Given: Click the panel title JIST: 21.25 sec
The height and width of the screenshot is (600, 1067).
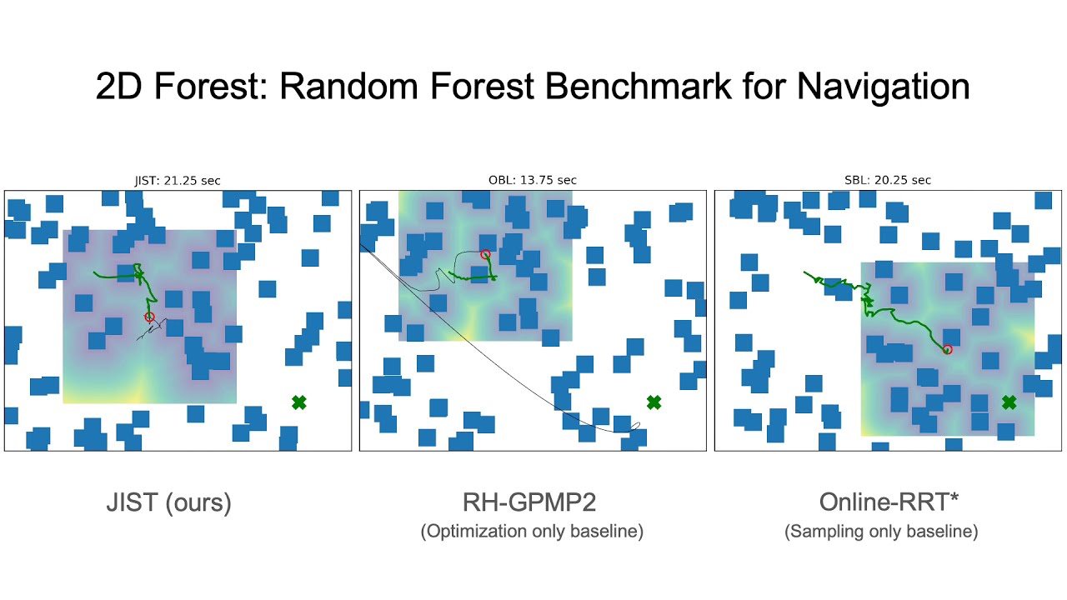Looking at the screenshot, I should pos(178,180).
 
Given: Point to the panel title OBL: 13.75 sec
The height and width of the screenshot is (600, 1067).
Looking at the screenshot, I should pos(533,180).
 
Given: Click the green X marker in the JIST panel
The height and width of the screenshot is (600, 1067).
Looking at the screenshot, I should pos(299,402).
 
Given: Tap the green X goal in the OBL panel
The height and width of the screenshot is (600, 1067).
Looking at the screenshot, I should pos(654,402).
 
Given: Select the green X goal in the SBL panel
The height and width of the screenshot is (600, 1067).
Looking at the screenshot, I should pos(1009,402).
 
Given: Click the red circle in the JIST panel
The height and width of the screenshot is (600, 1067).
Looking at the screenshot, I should pos(150,317).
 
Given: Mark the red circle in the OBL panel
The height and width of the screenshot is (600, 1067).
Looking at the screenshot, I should pos(485,254).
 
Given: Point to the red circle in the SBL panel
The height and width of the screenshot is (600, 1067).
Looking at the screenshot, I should pos(948,349).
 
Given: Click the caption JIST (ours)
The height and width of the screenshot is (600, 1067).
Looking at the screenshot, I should pos(168,502).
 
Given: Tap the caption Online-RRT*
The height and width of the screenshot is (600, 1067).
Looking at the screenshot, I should pos(881,502).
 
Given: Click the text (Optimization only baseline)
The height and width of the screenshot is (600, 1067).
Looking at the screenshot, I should pos(531,532).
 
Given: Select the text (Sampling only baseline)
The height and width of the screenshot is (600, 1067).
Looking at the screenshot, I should pos(881,532).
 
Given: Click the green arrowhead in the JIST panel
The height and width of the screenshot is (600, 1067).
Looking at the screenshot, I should pos(139,273).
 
